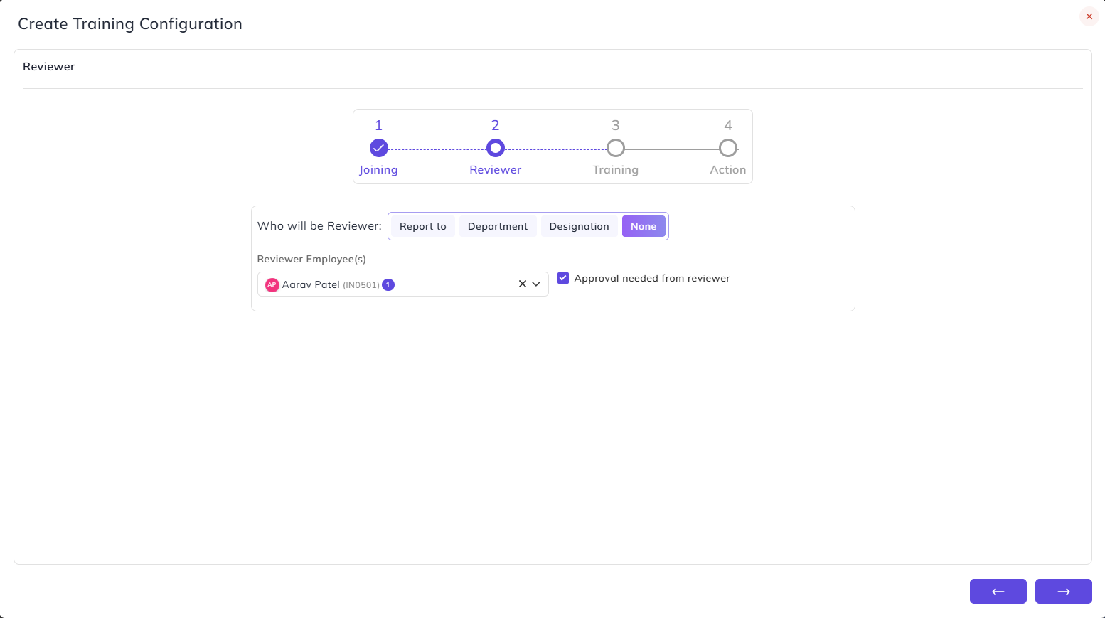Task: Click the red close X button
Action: (x=1089, y=17)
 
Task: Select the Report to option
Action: (x=423, y=226)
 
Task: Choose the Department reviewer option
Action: (x=497, y=226)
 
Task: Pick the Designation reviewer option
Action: (x=579, y=226)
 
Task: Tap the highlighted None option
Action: (x=644, y=226)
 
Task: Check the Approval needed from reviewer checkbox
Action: (x=563, y=278)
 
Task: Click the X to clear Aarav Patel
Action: (x=523, y=284)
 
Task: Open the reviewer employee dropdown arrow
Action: (x=536, y=284)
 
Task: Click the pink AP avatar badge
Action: (x=272, y=284)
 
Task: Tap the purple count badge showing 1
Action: (x=388, y=284)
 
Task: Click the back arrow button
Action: (x=998, y=592)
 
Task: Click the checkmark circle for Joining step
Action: (x=379, y=148)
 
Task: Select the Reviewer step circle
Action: (x=496, y=148)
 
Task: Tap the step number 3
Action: (x=615, y=125)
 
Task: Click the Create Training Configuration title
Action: (x=130, y=23)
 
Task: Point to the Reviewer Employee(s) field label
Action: (x=311, y=259)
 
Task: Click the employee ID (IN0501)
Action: (x=361, y=285)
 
